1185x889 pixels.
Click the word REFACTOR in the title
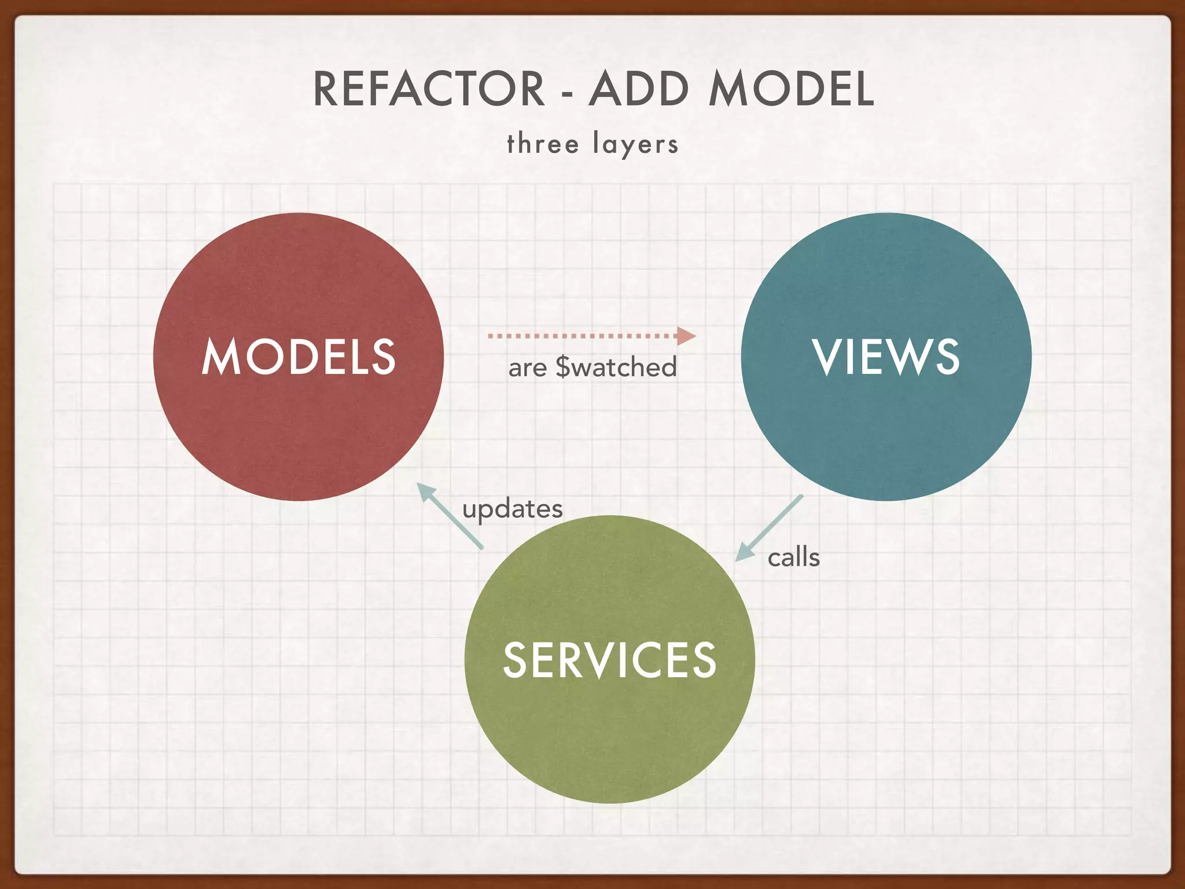click(429, 89)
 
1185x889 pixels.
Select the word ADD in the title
click(639, 89)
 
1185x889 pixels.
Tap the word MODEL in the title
click(791, 89)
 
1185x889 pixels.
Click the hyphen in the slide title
click(567, 93)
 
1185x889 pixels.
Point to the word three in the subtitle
click(543, 144)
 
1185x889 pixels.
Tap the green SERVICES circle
click(609, 735)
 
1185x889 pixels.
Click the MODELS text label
click(299, 357)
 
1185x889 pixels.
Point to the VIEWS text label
click(886, 357)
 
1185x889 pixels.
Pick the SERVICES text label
click(609, 660)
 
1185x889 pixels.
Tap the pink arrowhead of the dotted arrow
click(686, 336)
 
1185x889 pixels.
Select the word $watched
click(616, 368)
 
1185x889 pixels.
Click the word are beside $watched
click(527, 369)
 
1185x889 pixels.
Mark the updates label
click(512, 509)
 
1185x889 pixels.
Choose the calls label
click(793, 557)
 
